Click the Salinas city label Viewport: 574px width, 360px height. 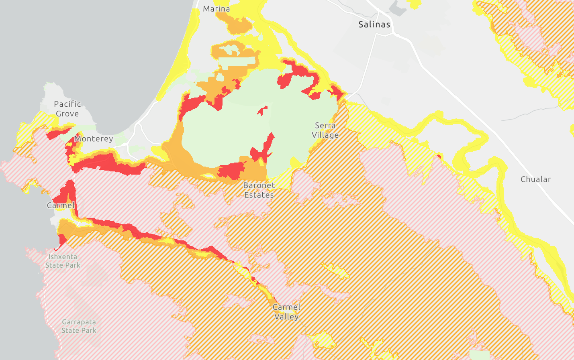(x=374, y=24)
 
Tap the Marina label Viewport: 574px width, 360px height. (x=217, y=9)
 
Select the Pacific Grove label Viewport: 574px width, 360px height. (x=67, y=109)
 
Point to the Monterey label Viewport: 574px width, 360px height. (x=94, y=139)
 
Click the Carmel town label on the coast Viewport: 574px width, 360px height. (x=61, y=205)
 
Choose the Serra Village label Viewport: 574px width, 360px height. (x=325, y=130)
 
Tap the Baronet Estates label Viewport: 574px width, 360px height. (x=259, y=190)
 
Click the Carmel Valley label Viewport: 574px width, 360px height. (x=286, y=312)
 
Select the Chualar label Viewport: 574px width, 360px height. (x=535, y=179)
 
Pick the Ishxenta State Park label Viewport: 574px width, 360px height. (x=63, y=261)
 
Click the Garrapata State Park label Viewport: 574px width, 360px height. (x=79, y=326)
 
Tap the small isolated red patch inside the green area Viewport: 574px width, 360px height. (x=262, y=110)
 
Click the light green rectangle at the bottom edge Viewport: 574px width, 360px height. (x=479, y=355)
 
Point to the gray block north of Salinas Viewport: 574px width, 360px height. (x=398, y=8)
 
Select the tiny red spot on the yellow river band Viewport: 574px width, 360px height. (x=439, y=156)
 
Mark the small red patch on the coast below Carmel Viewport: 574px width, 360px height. (x=62, y=240)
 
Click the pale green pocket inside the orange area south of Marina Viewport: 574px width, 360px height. (x=230, y=50)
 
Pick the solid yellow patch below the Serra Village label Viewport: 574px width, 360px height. (x=295, y=163)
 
